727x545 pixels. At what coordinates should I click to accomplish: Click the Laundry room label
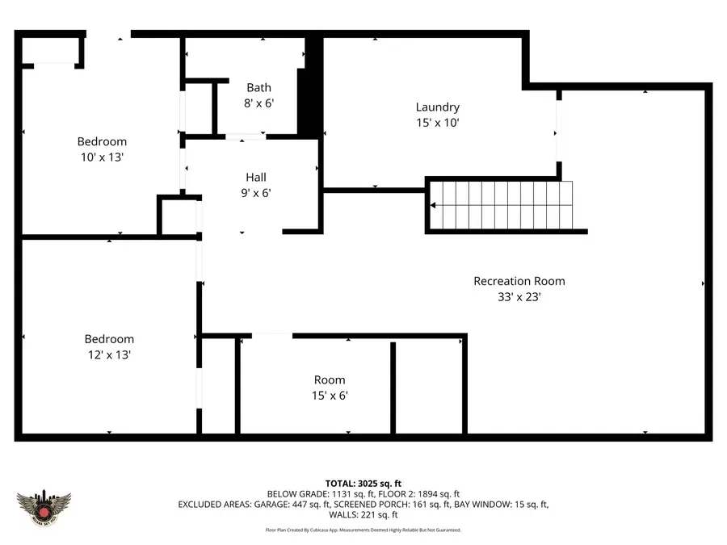click(437, 107)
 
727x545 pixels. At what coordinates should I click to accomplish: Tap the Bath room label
click(258, 87)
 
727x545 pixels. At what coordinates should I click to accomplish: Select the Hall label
click(255, 177)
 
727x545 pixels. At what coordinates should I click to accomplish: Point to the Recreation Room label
click(519, 281)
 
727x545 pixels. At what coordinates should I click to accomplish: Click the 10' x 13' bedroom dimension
click(102, 157)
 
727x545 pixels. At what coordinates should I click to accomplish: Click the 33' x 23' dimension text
click(519, 296)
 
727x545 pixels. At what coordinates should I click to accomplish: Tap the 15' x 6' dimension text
click(330, 396)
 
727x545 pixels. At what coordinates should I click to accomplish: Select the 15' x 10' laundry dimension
click(437, 123)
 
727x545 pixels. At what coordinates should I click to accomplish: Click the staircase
click(501, 205)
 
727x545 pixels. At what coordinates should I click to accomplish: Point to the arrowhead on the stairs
click(433, 205)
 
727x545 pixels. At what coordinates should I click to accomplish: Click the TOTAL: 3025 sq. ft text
click(363, 483)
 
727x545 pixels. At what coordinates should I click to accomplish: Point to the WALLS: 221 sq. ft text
click(363, 514)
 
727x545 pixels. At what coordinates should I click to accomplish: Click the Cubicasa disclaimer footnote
click(363, 530)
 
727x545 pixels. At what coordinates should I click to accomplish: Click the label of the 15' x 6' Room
click(330, 379)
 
